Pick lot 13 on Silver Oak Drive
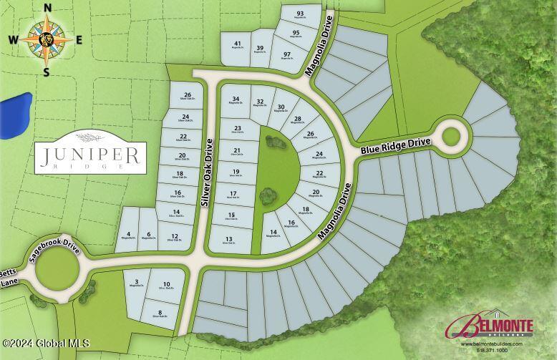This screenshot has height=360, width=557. click(229, 240)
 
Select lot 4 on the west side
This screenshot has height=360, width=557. click(128, 235)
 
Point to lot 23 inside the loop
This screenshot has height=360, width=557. click(237, 130)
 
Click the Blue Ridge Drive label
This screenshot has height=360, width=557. click(396, 145)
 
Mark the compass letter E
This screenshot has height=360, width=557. click(79, 39)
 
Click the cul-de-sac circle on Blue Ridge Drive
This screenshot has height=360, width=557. click(452, 135)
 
